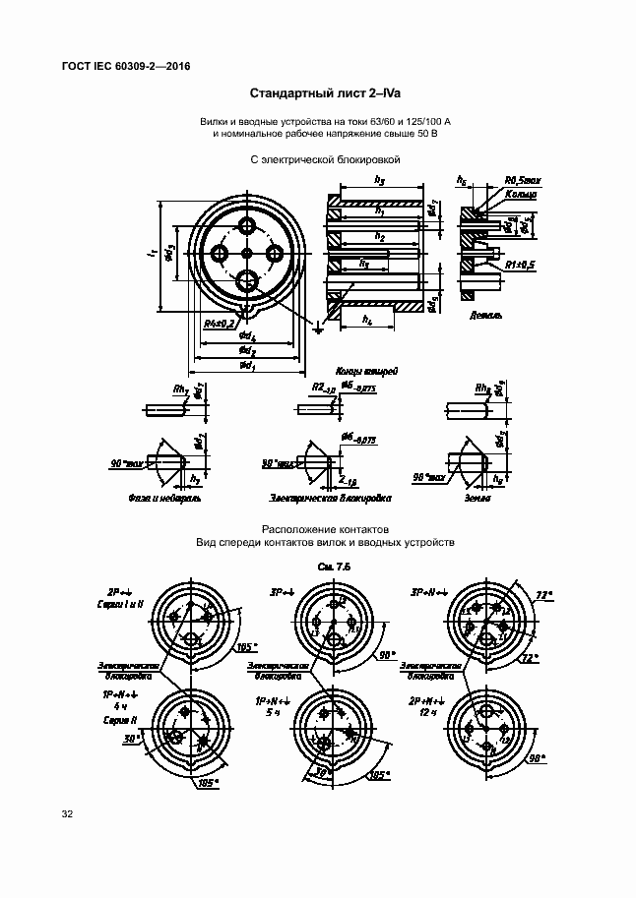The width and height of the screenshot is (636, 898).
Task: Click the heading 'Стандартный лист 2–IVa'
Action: click(317, 94)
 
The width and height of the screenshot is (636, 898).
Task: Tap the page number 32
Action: click(67, 814)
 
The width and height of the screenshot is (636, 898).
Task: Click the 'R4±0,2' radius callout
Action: click(218, 323)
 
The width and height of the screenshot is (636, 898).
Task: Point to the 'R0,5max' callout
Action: click(522, 180)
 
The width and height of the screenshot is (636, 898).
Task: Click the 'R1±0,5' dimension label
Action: click(519, 265)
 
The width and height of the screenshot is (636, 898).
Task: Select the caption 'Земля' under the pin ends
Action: click(477, 498)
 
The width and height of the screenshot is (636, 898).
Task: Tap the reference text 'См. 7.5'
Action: click(335, 568)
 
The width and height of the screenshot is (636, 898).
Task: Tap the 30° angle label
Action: click(130, 739)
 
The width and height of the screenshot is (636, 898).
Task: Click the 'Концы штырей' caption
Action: click(365, 373)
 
